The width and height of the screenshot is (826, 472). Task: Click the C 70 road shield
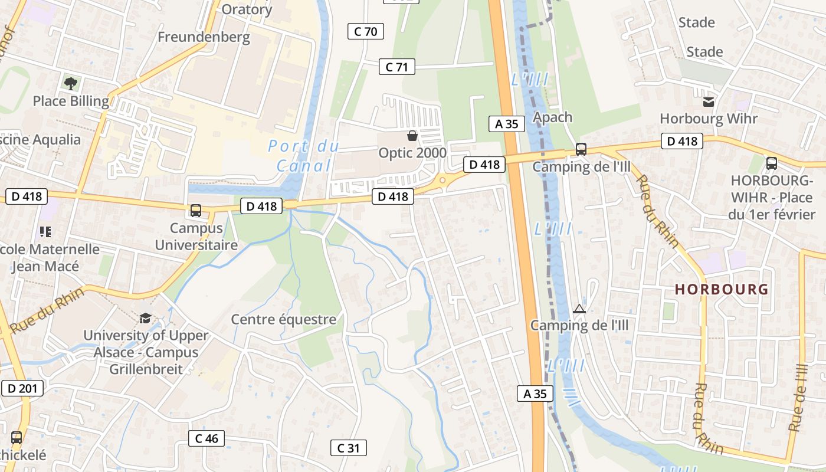(366, 31)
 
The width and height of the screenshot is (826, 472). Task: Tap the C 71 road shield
(396, 67)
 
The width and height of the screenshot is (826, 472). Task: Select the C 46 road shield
(206, 438)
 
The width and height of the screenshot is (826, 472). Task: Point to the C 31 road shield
(348, 448)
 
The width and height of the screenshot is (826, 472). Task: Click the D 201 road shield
(22, 388)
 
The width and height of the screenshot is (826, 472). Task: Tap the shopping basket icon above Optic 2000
(412, 136)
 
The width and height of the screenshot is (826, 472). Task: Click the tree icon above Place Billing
(71, 83)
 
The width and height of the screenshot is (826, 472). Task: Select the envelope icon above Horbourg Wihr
(709, 102)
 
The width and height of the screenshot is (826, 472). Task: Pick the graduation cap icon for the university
(145, 319)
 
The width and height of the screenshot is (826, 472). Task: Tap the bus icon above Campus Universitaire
(196, 211)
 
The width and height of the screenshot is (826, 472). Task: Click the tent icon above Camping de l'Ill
(579, 309)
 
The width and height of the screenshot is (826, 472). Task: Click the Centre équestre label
(283, 319)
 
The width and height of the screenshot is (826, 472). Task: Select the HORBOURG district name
(722, 289)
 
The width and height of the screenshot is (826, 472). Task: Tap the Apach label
(552, 117)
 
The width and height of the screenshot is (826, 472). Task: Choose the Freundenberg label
(204, 37)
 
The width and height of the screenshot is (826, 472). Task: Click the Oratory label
(247, 9)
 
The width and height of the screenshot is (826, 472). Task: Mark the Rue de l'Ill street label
(798, 396)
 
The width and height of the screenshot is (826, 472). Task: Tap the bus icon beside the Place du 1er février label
(771, 163)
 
